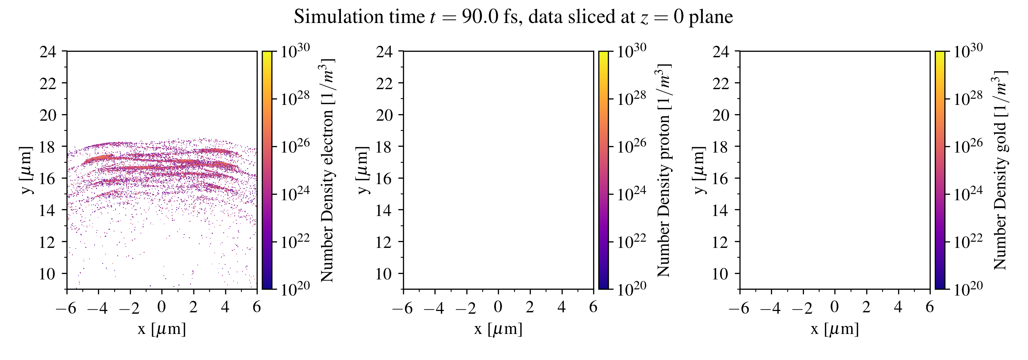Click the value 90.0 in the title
(480, 17)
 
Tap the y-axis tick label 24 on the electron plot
(48, 51)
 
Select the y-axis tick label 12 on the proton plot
(384, 242)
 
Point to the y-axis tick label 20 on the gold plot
(720, 115)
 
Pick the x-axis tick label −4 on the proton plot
(433, 308)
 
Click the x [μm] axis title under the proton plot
(498, 329)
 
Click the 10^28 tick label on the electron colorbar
(294, 98)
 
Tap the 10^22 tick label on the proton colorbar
(631, 241)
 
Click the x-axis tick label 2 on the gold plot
(866, 307)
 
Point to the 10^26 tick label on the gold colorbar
(968, 146)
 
